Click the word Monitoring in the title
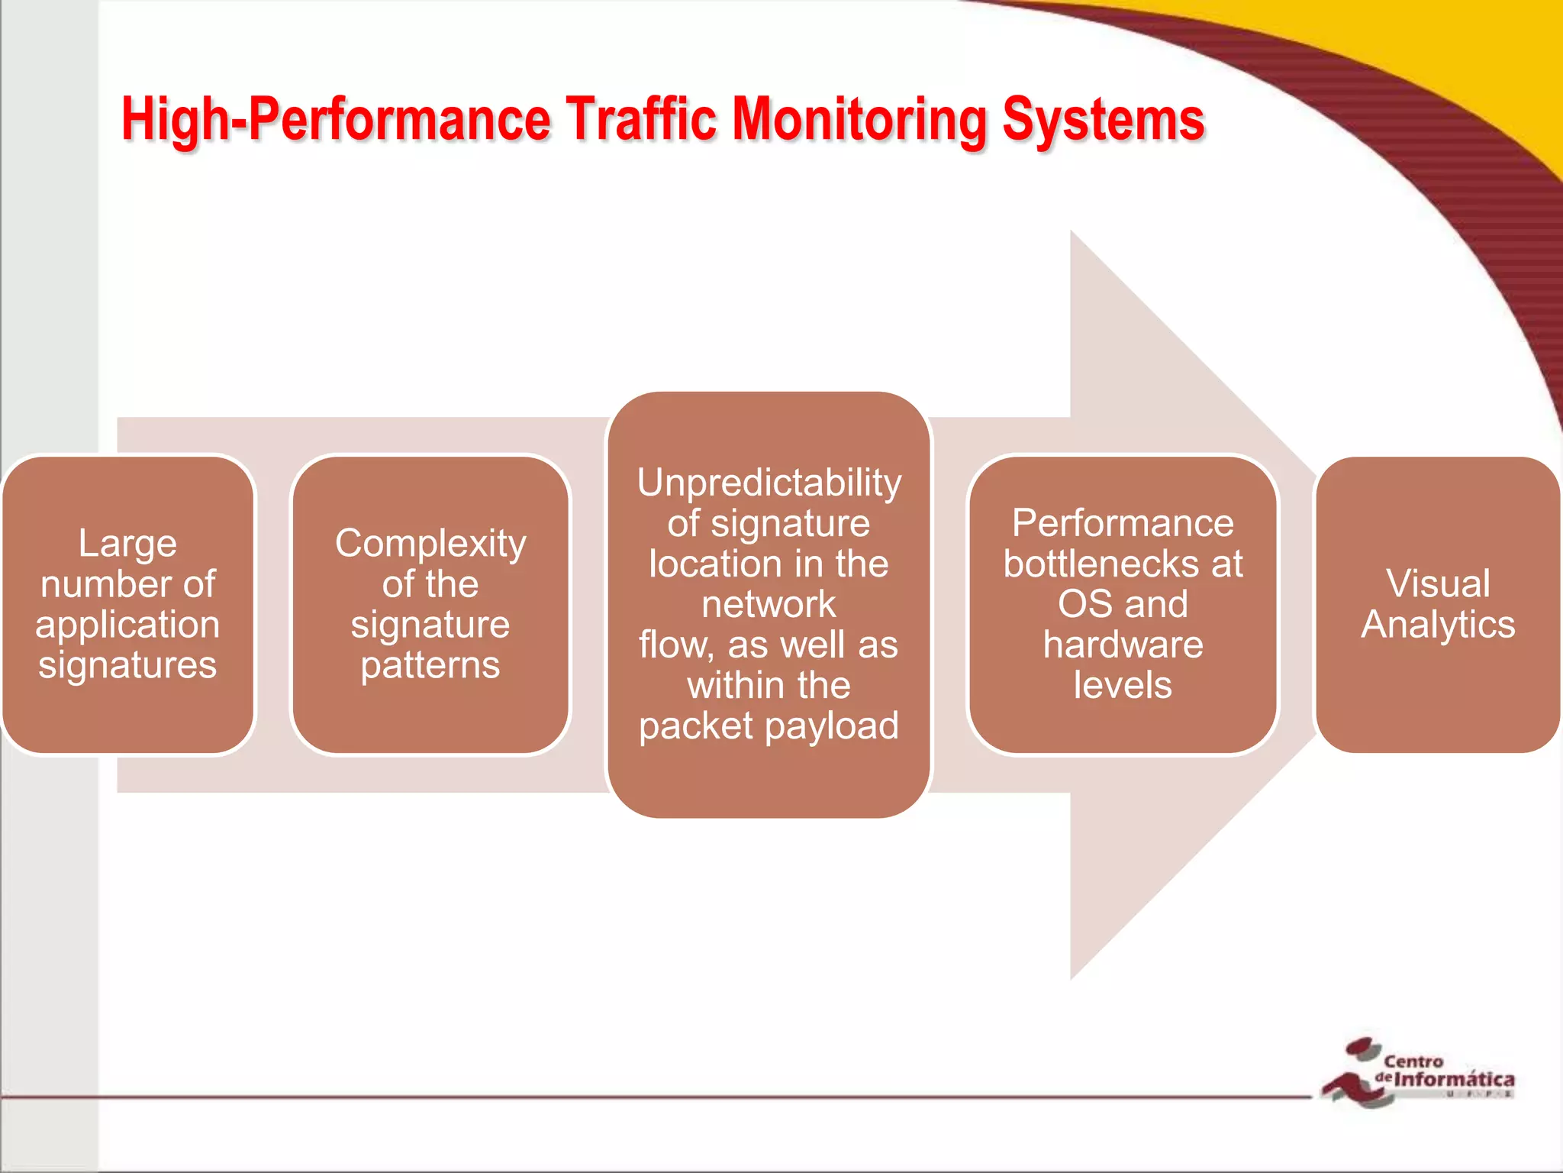(x=859, y=120)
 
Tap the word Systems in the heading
(x=1103, y=120)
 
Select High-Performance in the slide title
(x=336, y=120)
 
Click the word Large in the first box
(x=127, y=544)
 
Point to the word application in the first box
(x=127, y=625)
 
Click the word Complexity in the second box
(x=430, y=544)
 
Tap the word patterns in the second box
(x=430, y=665)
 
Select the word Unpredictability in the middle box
(x=769, y=483)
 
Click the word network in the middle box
(x=769, y=604)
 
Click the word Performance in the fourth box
(x=1123, y=523)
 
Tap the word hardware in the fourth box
(x=1123, y=645)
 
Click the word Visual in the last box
(x=1438, y=583)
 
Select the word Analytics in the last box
(x=1438, y=625)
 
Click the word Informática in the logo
(x=1454, y=1079)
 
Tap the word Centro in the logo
(x=1413, y=1061)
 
